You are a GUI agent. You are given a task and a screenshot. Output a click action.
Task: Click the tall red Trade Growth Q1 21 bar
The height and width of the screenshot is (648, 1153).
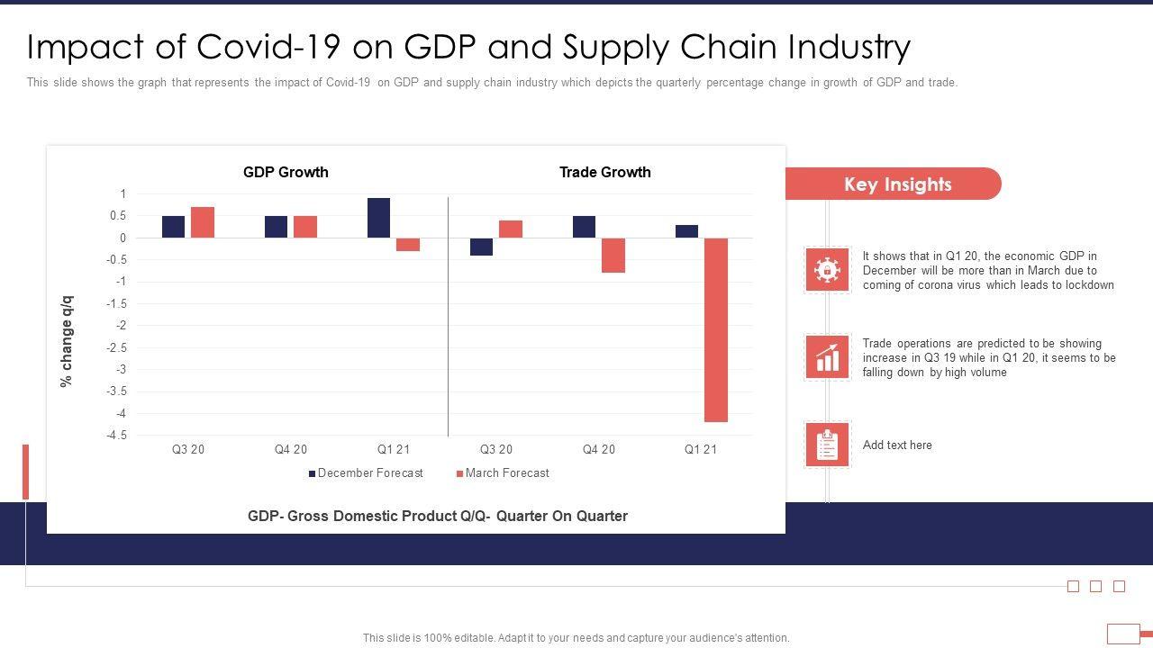[716, 329]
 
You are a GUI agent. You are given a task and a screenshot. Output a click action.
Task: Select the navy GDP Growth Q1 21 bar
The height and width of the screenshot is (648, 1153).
[378, 218]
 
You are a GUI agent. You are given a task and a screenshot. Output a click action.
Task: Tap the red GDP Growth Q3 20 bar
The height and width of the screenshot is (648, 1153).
[203, 222]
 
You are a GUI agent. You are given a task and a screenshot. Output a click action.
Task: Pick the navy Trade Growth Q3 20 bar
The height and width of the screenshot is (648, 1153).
[481, 247]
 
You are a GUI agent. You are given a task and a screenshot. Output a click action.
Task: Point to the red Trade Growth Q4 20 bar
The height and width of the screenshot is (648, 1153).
[613, 256]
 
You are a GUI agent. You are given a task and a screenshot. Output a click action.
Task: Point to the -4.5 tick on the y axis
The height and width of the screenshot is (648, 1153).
[116, 436]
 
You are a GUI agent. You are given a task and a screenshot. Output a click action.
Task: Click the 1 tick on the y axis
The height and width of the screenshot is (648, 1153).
[123, 194]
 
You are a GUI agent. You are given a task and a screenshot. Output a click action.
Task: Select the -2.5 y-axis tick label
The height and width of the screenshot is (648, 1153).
[116, 347]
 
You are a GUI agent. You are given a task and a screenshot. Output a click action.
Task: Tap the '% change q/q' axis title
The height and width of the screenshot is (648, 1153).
[66, 341]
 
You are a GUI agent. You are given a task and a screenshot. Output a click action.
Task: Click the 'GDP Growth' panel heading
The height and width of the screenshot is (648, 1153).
[286, 172]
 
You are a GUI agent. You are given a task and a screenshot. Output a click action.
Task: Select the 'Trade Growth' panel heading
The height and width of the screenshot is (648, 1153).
[604, 172]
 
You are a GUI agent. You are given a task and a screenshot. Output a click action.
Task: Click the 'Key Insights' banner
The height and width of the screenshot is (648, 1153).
[897, 184]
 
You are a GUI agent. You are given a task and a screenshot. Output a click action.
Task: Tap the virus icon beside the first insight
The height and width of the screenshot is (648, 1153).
[827, 270]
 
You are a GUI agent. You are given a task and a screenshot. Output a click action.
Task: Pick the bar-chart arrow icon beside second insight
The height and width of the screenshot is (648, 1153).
[827, 357]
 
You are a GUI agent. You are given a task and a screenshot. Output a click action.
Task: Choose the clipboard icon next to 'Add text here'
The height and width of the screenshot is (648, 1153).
[827, 445]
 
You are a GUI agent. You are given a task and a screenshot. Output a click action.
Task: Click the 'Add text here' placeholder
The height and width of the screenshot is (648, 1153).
[897, 445]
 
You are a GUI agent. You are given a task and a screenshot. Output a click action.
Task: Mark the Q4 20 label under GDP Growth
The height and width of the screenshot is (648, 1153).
[291, 450]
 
